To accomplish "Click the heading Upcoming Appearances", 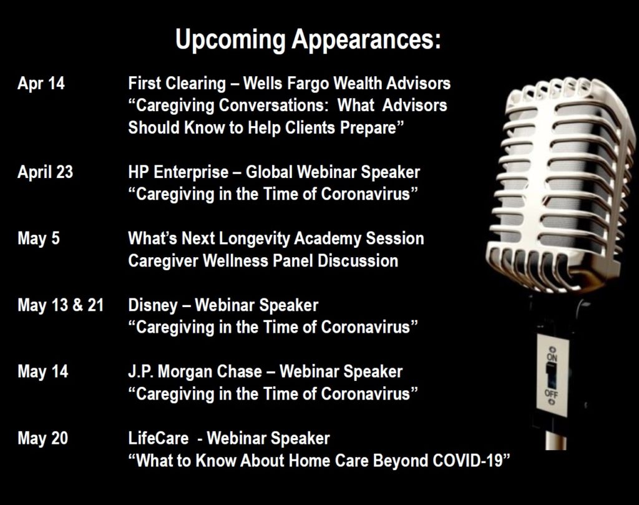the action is pyautogui.click(x=308, y=40).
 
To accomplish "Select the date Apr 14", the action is pyautogui.click(x=41, y=84).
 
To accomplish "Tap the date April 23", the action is pyautogui.click(x=45, y=172).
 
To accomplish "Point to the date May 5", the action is pyautogui.click(x=39, y=238).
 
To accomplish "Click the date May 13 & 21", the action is pyautogui.click(x=61, y=305).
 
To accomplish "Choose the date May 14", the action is pyautogui.click(x=43, y=371).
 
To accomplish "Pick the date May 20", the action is pyautogui.click(x=43, y=439).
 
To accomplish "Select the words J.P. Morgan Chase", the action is pyautogui.click(x=195, y=371).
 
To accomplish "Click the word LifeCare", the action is pyautogui.click(x=159, y=439).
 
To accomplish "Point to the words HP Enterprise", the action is pyautogui.click(x=178, y=172).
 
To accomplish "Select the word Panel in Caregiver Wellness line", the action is pyautogui.click(x=293, y=261).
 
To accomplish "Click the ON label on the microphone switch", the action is pyautogui.click(x=552, y=358).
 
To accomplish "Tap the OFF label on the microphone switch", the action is pyautogui.click(x=552, y=393).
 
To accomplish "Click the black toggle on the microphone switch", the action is pyautogui.click(x=552, y=375).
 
